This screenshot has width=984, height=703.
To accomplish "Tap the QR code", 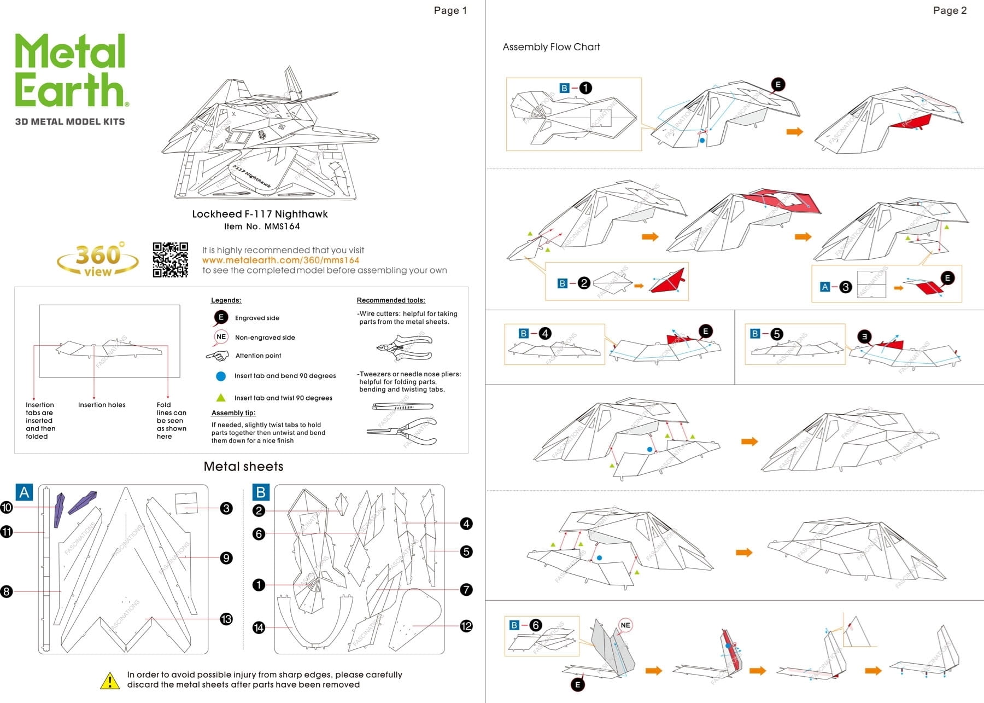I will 170,260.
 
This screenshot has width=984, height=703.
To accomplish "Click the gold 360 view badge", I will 97,260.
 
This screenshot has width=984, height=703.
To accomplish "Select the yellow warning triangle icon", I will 110,681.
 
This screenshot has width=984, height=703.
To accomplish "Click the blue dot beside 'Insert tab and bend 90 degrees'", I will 221,376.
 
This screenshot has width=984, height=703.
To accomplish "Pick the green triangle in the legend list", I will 221,398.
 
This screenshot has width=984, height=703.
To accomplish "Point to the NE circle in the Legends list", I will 221,337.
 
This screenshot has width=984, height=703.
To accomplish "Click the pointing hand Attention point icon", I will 218,356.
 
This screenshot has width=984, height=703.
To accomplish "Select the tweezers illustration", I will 402,406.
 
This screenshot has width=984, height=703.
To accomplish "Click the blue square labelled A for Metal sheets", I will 25,492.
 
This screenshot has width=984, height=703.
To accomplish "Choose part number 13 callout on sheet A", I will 226,619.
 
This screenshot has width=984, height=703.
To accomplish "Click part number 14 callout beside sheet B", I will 259,628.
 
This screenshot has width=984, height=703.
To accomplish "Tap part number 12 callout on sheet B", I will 466,626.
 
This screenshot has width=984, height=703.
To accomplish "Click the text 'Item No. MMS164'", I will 262,226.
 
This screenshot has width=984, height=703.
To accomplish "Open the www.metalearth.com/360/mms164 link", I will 280,260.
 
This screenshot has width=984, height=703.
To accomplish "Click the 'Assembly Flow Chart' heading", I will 551,47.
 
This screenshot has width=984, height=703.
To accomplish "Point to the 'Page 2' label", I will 950,10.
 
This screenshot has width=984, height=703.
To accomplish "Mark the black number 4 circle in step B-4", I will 544,333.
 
